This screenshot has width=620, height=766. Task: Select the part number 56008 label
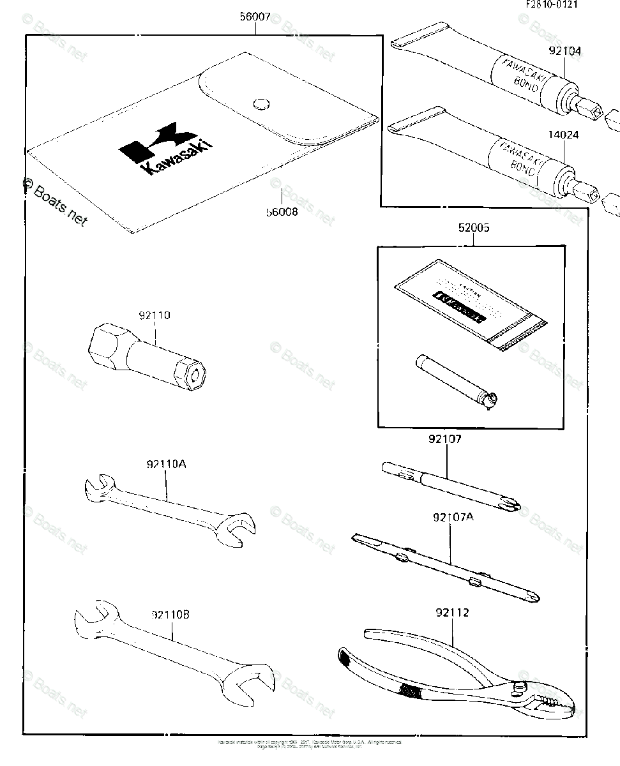[281, 211]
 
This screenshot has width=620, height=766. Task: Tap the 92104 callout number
[565, 51]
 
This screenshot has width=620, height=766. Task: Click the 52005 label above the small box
[473, 228]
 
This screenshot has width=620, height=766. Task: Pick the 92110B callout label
[170, 615]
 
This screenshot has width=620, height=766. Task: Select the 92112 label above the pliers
[453, 613]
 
